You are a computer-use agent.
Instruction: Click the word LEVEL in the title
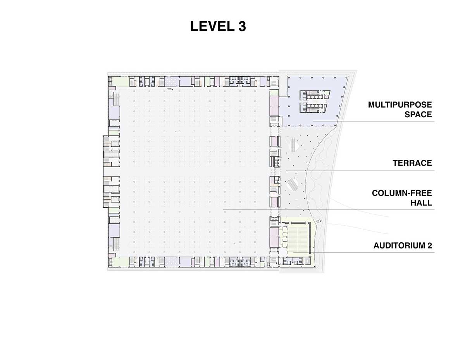pos(212,26)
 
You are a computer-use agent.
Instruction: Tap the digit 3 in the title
pos(242,26)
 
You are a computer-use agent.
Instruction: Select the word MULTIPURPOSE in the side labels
pos(400,105)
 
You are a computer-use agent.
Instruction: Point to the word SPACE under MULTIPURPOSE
pos(418,115)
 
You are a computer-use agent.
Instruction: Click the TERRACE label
pos(412,163)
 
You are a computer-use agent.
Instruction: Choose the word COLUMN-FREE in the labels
pos(402,193)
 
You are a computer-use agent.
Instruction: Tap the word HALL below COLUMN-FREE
pos(421,203)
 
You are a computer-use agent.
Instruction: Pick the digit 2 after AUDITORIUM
pos(430,246)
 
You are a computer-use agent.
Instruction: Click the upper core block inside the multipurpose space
pos(315,95)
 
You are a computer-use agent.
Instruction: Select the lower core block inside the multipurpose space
pos(313,107)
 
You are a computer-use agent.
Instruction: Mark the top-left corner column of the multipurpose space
pos(289,78)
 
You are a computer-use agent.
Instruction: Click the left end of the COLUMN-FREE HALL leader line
pos(224,209)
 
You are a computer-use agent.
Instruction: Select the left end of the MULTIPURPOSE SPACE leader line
pos(313,121)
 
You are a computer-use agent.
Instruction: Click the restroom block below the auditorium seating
pos(296,261)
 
